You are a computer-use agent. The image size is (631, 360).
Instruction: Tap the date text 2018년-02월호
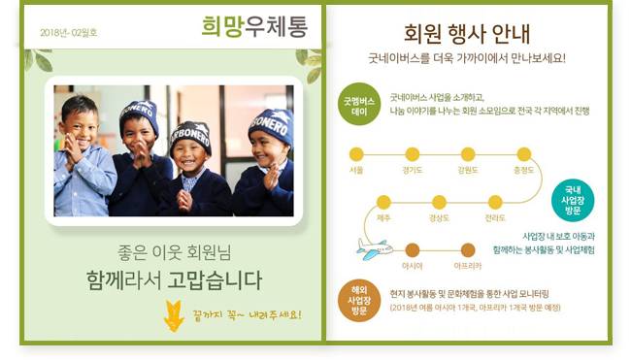69,33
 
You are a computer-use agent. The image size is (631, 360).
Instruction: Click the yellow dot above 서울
356,154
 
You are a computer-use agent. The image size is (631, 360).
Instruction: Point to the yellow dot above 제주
383,203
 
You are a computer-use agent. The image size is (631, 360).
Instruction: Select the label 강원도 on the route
468,170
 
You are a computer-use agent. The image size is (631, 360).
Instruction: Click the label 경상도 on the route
439,218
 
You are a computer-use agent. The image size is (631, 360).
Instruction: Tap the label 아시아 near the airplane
412,265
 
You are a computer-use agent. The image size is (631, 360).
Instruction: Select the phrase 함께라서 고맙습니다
174,281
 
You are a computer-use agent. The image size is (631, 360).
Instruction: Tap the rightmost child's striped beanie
270,126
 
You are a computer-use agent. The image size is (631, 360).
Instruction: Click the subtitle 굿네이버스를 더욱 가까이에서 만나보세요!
466,58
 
